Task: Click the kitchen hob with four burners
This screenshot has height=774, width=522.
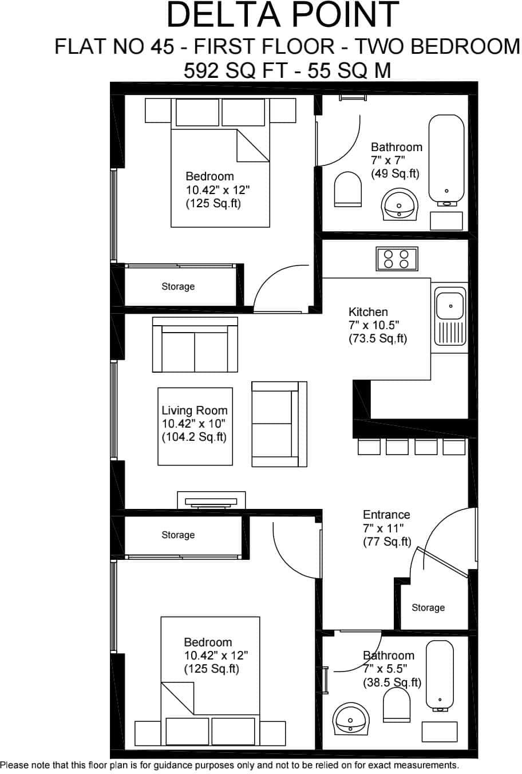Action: click(397, 259)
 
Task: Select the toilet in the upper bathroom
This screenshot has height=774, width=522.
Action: click(348, 189)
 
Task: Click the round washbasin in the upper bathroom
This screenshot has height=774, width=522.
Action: click(400, 204)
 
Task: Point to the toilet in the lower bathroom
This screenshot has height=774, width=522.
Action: click(397, 705)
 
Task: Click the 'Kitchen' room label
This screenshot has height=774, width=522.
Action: click(368, 312)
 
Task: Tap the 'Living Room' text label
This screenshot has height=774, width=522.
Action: click(195, 410)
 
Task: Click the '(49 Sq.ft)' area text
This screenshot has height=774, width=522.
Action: click(395, 173)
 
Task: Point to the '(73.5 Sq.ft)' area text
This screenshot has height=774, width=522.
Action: click(378, 338)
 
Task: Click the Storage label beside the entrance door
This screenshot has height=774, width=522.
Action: click(428, 607)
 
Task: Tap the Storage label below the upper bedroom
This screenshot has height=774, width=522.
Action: click(178, 286)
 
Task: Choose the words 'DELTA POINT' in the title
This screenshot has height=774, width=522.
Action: click(283, 15)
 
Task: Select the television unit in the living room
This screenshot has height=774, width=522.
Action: click(211, 500)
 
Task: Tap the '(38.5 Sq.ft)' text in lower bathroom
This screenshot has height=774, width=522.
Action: click(392, 682)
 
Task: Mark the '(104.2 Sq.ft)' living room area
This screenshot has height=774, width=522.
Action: click(194, 437)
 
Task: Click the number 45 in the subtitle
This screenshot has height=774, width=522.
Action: click(163, 46)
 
